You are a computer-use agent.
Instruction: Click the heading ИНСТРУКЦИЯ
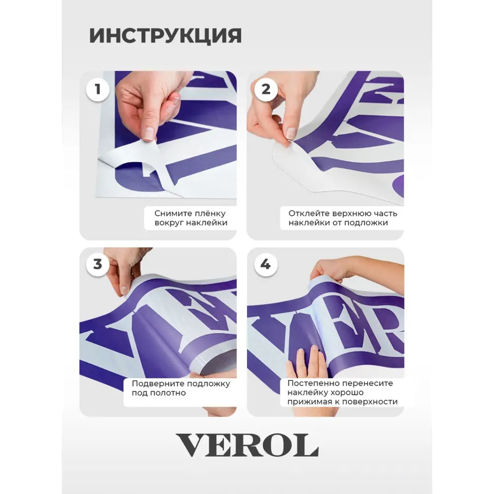tap(165, 36)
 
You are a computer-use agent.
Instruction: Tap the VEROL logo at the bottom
tap(247, 445)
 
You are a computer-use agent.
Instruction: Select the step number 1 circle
tap(98, 89)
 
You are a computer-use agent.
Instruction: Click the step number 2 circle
tap(266, 89)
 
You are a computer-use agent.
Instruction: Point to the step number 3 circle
tap(98, 264)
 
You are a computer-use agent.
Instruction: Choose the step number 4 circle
tap(266, 264)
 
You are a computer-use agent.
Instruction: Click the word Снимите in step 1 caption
tap(169, 213)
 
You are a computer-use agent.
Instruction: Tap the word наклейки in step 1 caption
tap(207, 223)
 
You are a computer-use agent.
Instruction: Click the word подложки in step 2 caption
tap(367, 223)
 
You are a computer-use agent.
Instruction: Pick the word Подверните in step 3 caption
tap(155, 384)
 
